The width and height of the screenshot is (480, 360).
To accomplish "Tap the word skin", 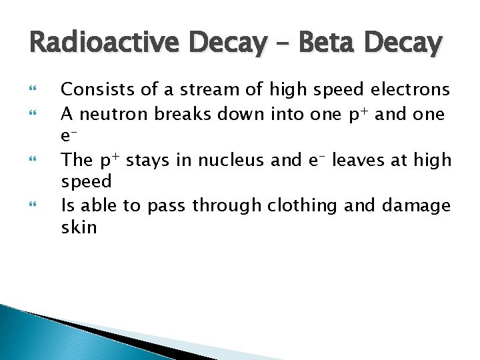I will tap(79, 227).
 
